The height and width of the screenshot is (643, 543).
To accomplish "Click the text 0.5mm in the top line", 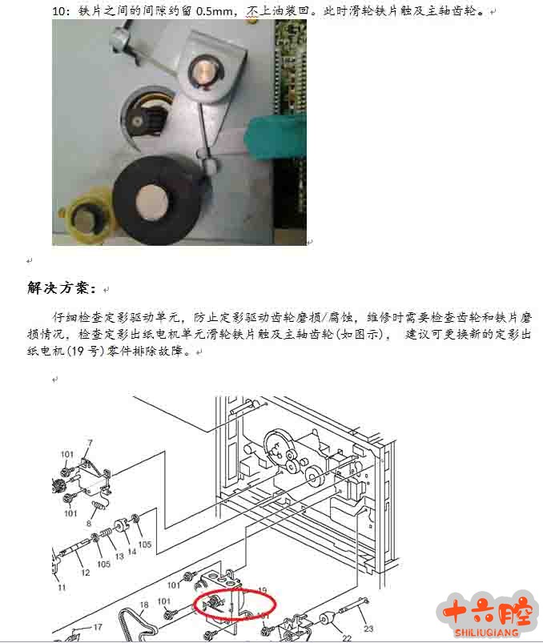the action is (214, 11).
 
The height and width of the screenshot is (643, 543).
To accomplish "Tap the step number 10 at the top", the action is (58, 11).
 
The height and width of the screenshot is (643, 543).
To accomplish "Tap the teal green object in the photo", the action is (276, 136).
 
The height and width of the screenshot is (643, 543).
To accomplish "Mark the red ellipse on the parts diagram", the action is (235, 603).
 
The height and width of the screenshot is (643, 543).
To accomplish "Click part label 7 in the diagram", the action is (90, 443).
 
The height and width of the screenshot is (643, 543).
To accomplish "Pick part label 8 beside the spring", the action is (89, 523).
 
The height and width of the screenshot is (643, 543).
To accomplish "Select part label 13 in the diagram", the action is (119, 557).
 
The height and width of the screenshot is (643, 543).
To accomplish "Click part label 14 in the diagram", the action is (131, 552).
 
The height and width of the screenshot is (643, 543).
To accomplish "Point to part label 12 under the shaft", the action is (86, 573).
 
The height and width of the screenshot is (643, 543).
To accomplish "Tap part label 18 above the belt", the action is (144, 605).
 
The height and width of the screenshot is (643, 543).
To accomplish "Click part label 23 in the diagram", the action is (368, 629).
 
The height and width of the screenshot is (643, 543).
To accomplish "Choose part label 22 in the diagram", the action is (347, 638).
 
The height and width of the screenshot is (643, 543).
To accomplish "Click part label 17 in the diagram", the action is (98, 627).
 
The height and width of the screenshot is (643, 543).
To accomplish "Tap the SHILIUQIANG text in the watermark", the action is (486, 633).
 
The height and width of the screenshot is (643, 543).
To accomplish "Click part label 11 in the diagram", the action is (62, 587).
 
